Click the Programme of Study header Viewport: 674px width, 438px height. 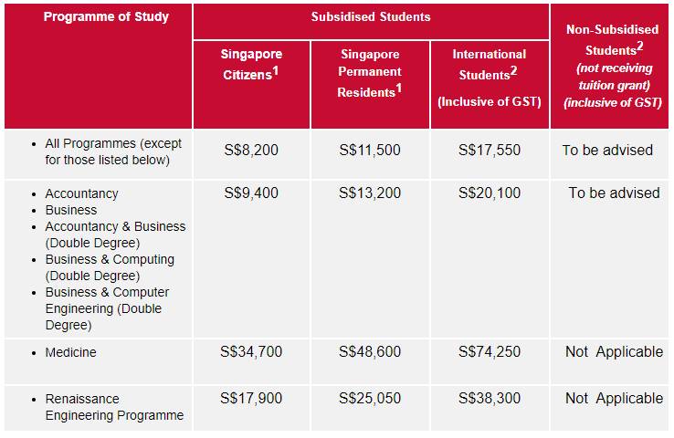pyautogui.click(x=106, y=16)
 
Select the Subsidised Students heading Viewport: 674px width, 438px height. pyautogui.click(x=370, y=16)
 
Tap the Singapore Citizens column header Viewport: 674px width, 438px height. pyautogui.click(x=252, y=65)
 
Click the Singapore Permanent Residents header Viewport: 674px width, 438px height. pyautogui.click(x=370, y=72)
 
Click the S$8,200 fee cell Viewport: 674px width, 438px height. pyautogui.click(x=252, y=150)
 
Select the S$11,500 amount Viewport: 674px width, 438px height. pyautogui.click(x=369, y=150)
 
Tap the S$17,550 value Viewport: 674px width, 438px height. pyautogui.click(x=490, y=150)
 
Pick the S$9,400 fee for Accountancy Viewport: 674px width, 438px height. pyautogui.click(x=252, y=193)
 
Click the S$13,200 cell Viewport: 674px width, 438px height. pyautogui.click(x=369, y=193)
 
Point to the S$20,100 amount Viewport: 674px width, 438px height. pyautogui.click(x=490, y=193)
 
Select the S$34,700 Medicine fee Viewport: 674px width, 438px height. pyautogui.click(x=252, y=351)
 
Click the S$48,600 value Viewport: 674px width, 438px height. pyautogui.click(x=369, y=351)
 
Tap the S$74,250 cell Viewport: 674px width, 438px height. pyautogui.click(x=490, y=351)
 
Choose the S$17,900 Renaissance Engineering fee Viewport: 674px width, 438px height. pyautogui.click(x=252, y=398)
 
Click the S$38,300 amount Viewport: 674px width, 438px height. pyautogui.click(x=490, y=398)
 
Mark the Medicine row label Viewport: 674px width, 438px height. pyautogui.click(x=70, y=352)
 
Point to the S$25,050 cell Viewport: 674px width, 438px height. pyautogui.click(x=369, y=398)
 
